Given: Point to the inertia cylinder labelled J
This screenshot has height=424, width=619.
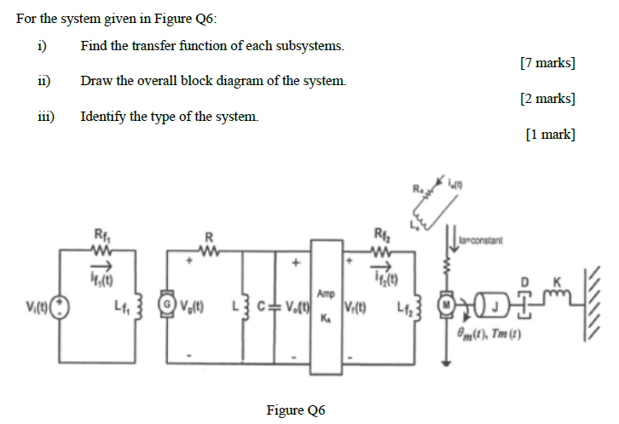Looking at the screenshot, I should [x=489, y=304].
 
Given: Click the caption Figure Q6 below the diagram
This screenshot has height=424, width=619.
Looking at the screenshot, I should [x=296, y=410].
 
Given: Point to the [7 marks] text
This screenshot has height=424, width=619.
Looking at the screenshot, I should [x=547, y=62].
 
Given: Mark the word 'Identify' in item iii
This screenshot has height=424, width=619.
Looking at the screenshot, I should [x=103, y=117].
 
